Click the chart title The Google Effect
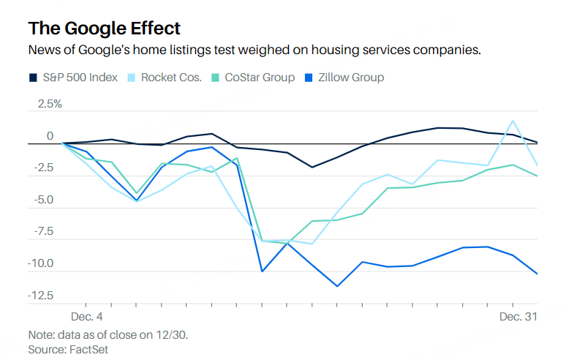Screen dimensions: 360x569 104,28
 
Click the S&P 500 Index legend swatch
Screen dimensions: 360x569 33,77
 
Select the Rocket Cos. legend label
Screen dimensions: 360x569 171,77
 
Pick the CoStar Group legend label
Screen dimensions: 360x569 260,77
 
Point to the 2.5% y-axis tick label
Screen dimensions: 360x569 45,104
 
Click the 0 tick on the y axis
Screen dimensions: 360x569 50,136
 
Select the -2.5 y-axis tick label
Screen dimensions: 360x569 45,168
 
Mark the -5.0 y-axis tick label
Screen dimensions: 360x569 45,200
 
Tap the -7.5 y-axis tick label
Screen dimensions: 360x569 45,232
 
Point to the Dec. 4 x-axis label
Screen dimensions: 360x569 87,316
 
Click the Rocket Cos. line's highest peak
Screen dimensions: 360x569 513,121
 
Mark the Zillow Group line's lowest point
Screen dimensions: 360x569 337,286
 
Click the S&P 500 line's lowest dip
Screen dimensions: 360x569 312,167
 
